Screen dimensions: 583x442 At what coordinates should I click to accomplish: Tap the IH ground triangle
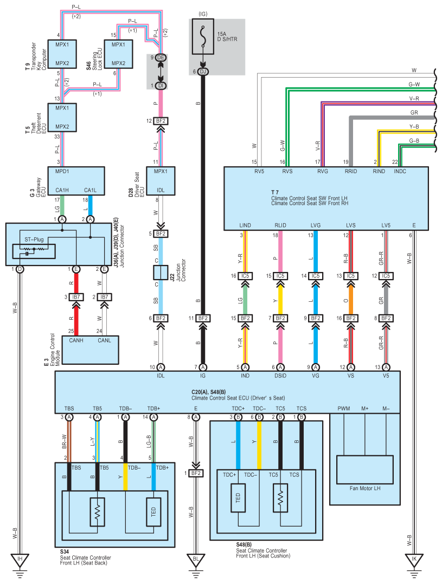click(20, 559)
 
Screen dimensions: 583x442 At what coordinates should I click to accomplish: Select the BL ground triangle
click(196, 559)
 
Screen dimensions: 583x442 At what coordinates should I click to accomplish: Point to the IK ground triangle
click(414, 559)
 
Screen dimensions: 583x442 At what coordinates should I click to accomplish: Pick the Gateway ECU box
click(76, 181)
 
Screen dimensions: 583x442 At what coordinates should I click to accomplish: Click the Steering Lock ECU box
click(119, 53)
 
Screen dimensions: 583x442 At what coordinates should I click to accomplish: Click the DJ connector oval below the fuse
click(203, 72)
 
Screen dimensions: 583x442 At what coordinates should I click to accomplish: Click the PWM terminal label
click(344, 408)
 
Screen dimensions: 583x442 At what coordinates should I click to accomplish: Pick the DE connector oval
click(161, 57)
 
